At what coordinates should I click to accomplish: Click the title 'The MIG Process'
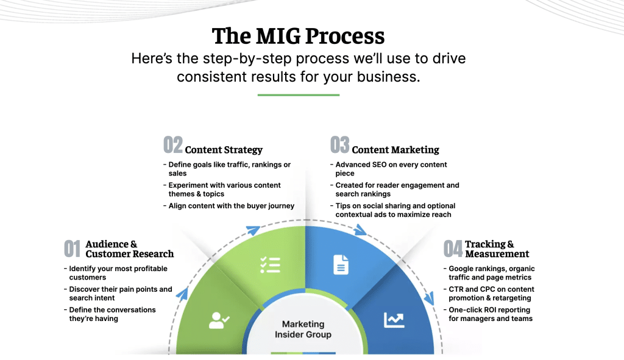point(298,36)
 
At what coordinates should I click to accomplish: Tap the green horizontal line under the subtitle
point(298,95)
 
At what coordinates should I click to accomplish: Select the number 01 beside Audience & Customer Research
point(73,249)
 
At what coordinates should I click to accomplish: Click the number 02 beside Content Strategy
point(173,145)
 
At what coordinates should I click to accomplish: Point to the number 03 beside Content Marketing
point(339,145)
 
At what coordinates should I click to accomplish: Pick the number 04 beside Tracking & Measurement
point(453,249)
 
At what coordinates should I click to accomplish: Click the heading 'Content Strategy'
point(224,150)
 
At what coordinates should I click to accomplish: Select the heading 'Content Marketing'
point(395,150)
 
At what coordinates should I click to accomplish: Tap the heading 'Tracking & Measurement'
point(497,249)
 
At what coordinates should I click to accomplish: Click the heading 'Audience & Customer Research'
point(129,249)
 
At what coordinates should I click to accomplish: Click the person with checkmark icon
point(219,319)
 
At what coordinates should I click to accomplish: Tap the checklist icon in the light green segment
point(270,264)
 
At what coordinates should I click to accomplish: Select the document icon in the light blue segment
point(341,264)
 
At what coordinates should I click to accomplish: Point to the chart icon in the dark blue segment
point(394,319)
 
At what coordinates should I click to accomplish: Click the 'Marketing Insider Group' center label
point(303,329)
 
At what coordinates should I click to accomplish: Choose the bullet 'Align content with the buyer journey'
point(232,206)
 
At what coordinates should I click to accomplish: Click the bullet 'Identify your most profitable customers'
point(118,273)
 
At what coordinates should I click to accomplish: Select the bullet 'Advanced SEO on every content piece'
point(391,169)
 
